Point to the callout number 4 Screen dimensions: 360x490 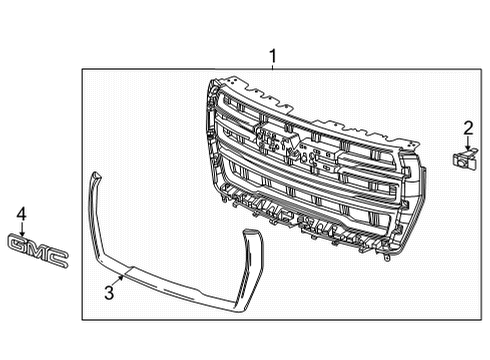(21, 213)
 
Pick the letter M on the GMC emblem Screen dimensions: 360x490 (37, 251)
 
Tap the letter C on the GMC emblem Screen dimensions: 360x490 (58, 260)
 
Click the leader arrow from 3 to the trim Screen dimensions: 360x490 (120, 280)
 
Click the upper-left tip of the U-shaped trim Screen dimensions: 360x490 (94, 176)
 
